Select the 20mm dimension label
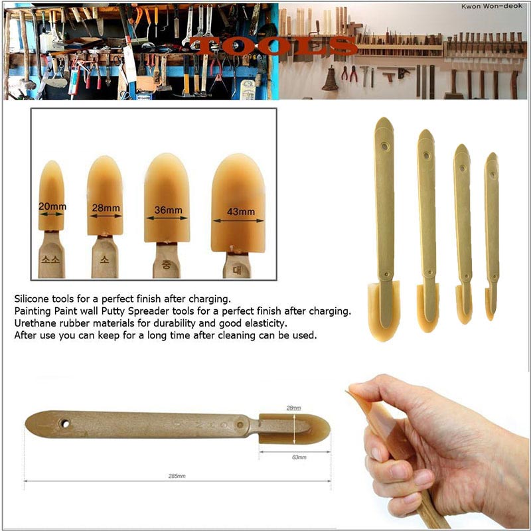[x=52, y=206]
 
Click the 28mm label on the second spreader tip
[x=106, y=208]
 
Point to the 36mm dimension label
[x=168, y=210]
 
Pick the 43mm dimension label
[x=240, y=212]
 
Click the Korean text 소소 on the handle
[x=52, y=260]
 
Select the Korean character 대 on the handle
[x=236, y=269]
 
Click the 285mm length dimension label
[x=177, y=476]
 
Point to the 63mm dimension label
[x=299, y=457]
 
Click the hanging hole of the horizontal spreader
[x=65, y=423]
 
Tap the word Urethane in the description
[x=33, y=323]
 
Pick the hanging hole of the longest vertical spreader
[x=384, y=145]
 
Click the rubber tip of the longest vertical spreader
[x=384, y=309]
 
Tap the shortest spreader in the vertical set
[x=492, y=232]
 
